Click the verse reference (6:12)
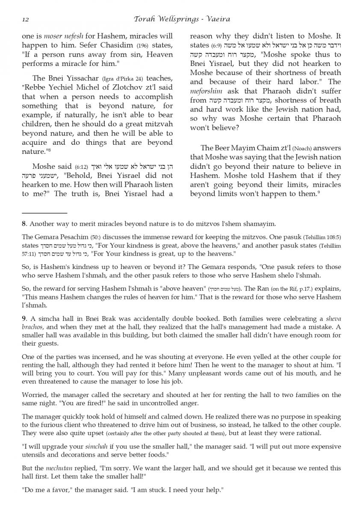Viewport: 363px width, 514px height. pyautogui.click(x=82, y=167)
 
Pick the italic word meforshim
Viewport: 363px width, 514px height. pyautogui.click(x=207, y=91)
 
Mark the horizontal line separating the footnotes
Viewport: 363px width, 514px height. pyautogui.click(x=44, y=213)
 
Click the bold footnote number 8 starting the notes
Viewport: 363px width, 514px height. pyautogui.click(x=24, y=224)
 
